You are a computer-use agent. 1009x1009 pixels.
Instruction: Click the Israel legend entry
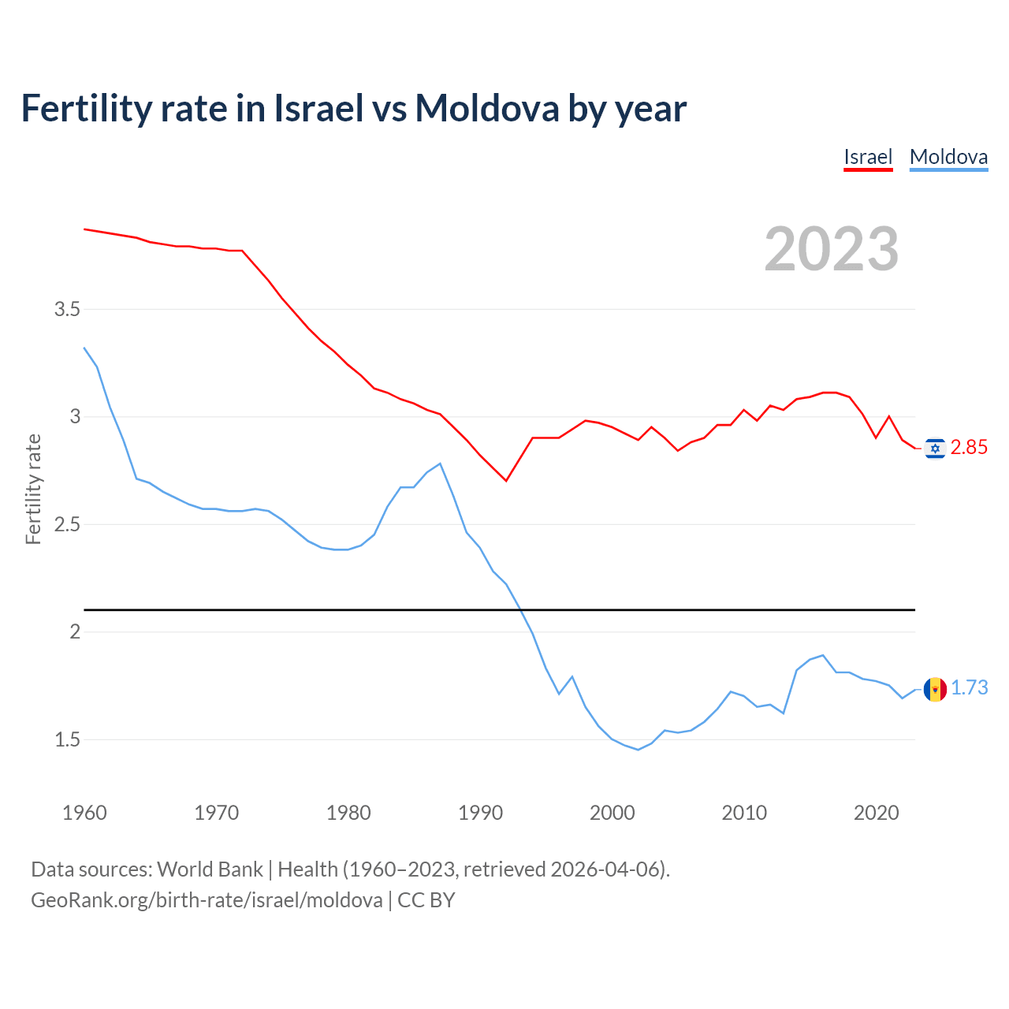867,157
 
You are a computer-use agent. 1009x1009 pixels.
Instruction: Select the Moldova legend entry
948,157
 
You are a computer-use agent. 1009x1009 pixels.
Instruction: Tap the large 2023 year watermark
832,249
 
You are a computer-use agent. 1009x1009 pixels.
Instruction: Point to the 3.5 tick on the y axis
67,309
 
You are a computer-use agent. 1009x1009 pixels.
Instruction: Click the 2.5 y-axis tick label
67,524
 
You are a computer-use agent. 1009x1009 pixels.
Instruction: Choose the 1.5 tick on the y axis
67,739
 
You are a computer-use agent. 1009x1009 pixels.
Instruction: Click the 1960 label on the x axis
84,813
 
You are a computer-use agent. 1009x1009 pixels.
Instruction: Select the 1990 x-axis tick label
480,813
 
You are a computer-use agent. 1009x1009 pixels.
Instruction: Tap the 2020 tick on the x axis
876,813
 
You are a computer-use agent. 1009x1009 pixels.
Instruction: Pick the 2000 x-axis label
612,813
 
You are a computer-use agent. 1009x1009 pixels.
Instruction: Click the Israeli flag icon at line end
935,449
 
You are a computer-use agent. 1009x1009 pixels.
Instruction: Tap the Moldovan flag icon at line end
935,690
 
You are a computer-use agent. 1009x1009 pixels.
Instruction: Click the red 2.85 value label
969,448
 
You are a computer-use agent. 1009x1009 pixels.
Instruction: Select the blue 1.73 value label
969,688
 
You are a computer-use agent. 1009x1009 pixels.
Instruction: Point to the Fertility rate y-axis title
33,489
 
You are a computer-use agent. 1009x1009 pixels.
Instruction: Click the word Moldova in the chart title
486,109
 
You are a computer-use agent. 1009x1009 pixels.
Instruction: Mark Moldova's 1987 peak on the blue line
440,464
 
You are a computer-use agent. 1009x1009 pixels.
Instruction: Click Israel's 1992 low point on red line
506,481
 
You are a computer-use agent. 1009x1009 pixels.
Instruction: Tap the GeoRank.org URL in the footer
207,900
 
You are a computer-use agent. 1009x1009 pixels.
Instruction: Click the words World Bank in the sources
210,869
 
